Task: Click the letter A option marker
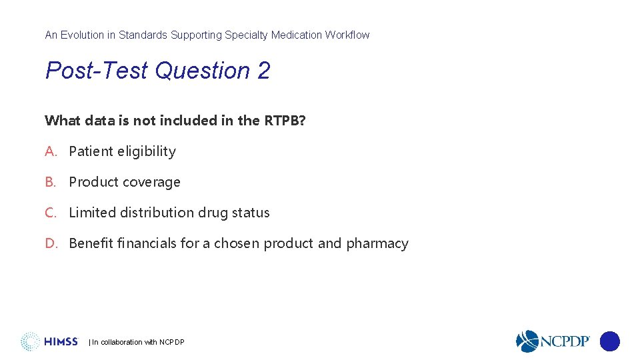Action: pyautogui.click(x=51, y=151)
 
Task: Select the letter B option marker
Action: pyautogui.click(x=51, y=182)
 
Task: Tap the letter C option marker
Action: pyautogui.click(x=51, y=213)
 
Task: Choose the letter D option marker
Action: pyautogui.click(x=51, y=243)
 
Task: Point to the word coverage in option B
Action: pyautogui.click(x=155, y=182)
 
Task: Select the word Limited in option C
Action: pyautogui.click(x=92, y=213)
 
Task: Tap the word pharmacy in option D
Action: pyautogui.click(x=377, y=244)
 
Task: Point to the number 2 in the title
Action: pyautogui.click(x=263, y=71)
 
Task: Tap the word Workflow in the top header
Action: pyautogui.click(x=347, y=35)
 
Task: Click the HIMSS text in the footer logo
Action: pyautogui.click(x=61, y=342)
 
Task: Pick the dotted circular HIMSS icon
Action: pyautogui.click(x=30, y=341)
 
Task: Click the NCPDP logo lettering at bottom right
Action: pyautogui.click(x=564, y=341)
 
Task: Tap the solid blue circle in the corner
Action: pyautogui.click(x=609, y=341)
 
